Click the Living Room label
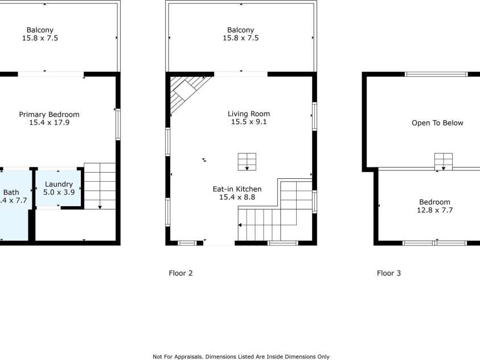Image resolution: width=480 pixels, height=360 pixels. pos(249,114)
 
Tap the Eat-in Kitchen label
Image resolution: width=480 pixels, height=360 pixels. pos(240,189)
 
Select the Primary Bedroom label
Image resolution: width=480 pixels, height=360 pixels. pos(49,114)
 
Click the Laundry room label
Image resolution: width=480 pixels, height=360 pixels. pos(59,184)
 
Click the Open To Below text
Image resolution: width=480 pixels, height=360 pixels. pos(437,123)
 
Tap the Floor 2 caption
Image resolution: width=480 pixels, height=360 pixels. pos(180,273)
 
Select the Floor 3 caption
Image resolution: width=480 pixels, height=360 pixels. pos(389,273)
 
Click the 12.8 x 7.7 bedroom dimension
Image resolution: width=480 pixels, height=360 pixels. pos(434,210)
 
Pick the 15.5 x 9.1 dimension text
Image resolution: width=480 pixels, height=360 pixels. pos(249,122)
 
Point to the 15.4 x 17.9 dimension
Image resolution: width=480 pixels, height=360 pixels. pos(49,122)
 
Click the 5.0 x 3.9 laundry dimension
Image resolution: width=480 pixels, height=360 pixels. pos(59,192)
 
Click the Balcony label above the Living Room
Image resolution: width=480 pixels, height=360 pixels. pos(240,30)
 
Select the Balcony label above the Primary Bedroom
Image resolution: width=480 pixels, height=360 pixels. pos(40,30)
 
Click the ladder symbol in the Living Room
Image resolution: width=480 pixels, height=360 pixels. pos(247,161)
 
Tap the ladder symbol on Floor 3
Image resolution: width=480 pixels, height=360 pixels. pos(444,161)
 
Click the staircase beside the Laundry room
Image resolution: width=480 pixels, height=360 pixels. pos(100,186)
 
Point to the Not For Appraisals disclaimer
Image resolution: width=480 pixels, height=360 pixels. pos(241,357)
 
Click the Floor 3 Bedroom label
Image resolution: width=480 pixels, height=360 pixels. pos(434,202)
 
